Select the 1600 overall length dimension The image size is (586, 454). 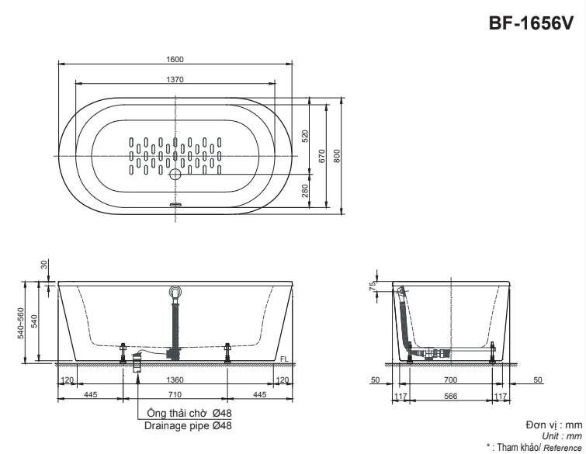point(175,59)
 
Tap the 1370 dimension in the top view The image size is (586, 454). point(175,79)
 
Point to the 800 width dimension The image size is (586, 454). point(337,154)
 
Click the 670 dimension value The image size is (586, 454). point(320,154)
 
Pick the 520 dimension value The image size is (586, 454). point(304,137)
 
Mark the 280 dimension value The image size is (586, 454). point(304,190)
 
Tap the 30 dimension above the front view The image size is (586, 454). point(44,265)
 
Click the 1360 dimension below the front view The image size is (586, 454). point(175,380)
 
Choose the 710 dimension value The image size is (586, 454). point(175,395)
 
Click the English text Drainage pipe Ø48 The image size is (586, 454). point(188,425)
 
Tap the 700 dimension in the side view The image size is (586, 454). point(450,380)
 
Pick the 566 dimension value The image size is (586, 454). point(450,395)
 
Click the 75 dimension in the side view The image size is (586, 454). point(373,286)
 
